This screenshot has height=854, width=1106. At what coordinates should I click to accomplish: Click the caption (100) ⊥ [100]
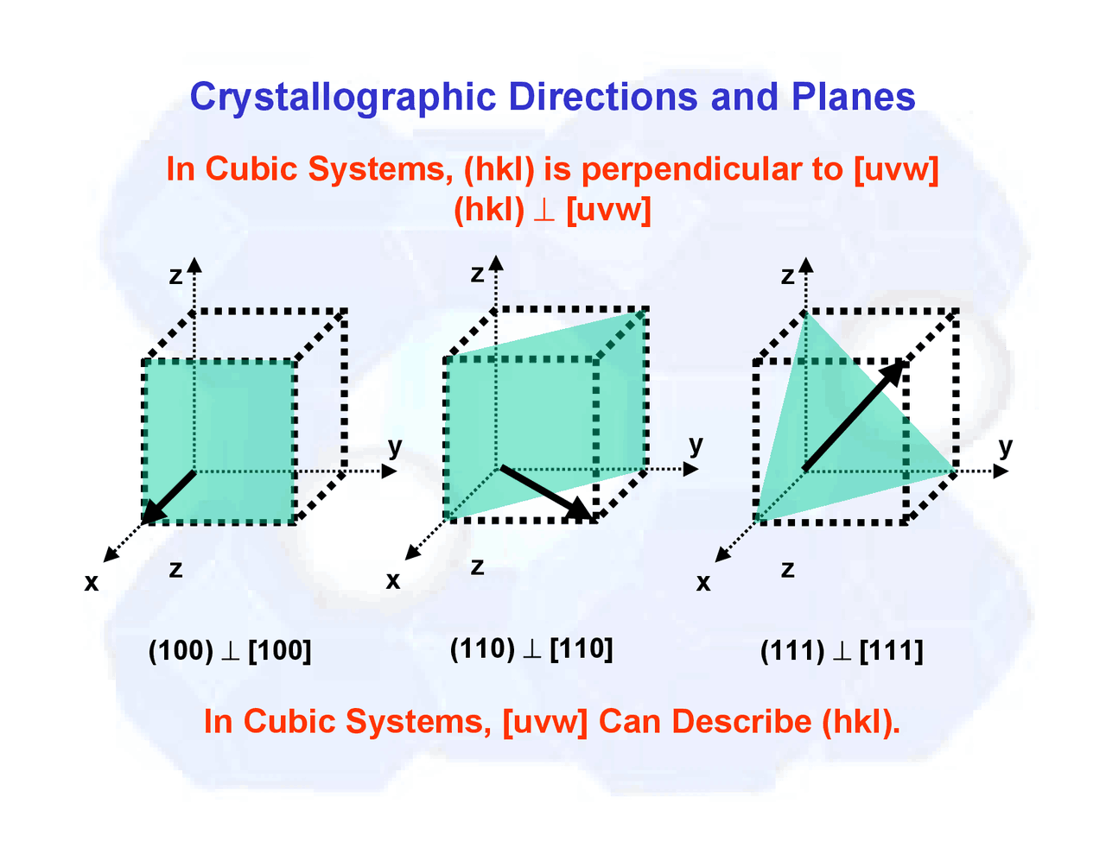[x=230, y=649]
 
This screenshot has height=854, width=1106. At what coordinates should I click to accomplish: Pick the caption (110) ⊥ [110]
[x=531, y=648]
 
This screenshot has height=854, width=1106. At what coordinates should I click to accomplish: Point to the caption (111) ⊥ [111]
[x=842, y=649]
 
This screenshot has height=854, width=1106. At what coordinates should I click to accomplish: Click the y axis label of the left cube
[x=395, y=447]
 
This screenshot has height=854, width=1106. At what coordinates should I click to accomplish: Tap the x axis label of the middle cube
[x=393, y=580]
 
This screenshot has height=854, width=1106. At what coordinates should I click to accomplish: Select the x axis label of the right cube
[x=703, y=583]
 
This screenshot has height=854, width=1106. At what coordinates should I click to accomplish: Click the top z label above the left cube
[x=176, y=276]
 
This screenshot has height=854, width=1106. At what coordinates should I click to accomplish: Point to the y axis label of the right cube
[x=1005, y=447]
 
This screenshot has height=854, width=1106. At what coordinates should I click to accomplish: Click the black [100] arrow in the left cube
[x=169, y=497]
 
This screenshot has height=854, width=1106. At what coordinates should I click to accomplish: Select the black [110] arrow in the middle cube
[x=547, y=493]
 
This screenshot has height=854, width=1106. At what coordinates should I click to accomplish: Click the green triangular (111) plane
[x=829, y=449]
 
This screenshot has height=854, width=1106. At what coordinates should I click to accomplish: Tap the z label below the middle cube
[x=477, y=567]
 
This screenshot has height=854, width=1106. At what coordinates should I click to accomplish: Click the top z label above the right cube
[x=787, y=276]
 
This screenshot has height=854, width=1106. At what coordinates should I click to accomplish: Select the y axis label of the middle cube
[x=696, y=446]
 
